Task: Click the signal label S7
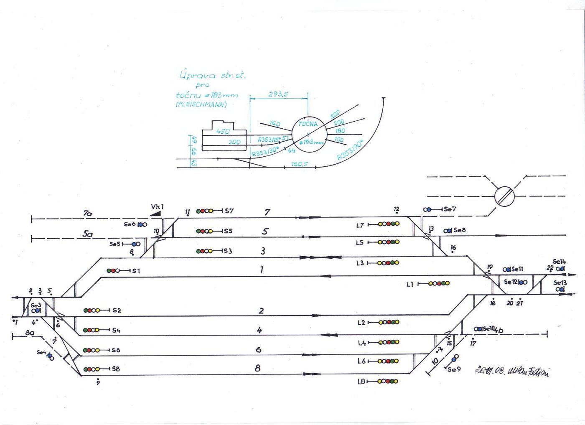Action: [x=229, y=211]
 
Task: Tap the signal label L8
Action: [x=361, y=382]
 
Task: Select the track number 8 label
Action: [x=257, y=368]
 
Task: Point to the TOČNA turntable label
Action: [x=308, y=124]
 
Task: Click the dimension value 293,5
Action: [x=278, y=94]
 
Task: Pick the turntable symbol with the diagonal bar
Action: [x=504, y=196]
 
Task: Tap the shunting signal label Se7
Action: [x=450, y=209]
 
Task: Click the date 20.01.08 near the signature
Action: [x=490, y=370]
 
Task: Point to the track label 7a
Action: [x=87, y=214]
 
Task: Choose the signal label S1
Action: [x=136, y=271]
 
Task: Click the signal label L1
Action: [x=410, y=284]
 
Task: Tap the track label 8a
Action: [x=29, y=333]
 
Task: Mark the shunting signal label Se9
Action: [x=454, y=369]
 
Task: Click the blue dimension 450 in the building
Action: [x=223, y=131]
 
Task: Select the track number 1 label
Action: [x=262, y=270]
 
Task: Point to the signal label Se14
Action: [x=559, y=262]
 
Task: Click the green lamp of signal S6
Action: [x=86, y=350]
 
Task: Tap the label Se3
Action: [x=36, y=305]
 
